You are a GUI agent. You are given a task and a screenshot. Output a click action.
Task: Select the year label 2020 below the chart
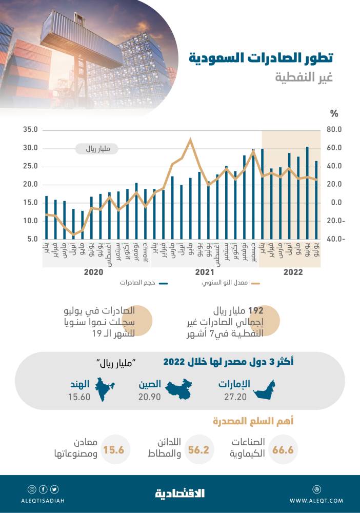[94, 272]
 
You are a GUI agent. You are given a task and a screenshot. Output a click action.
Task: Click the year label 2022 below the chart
[293, 272]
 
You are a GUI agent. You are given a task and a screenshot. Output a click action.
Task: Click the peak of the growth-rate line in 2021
[191, 139]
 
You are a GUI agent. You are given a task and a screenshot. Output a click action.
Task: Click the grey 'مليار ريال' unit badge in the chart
[96, 149]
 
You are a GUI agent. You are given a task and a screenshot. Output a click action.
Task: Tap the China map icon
[179, 390]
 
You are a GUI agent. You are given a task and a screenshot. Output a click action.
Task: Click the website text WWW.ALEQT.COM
[316, 500]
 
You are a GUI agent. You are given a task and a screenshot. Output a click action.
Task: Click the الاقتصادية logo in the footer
[180, 493]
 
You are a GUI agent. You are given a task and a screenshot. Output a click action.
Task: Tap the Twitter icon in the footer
[54, 489]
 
